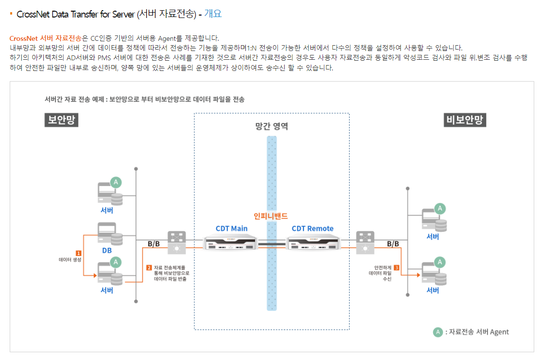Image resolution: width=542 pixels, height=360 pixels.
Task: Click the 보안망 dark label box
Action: [x=62, y=120]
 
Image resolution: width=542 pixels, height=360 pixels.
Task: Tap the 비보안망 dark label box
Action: [x=465, y=120]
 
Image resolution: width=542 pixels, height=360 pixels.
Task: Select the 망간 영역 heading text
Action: [x=271, y=126]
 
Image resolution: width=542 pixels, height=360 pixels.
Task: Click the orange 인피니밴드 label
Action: [x=271, y=216]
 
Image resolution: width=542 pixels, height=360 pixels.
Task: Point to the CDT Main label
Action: [x=232, y=228]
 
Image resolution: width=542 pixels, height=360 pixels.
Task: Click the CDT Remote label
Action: [x=313, y=228]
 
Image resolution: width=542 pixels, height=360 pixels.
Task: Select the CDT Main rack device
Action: [x=230, y=243]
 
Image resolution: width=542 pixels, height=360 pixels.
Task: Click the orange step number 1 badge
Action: [x=78, y=253]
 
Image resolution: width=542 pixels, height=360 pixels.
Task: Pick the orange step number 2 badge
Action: [x=149, y=267]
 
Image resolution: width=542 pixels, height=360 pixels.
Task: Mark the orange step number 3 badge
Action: [x=397, y=267]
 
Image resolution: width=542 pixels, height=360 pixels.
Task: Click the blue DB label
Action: [x=107, y=251]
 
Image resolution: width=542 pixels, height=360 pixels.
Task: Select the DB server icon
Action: [x=109, y=234]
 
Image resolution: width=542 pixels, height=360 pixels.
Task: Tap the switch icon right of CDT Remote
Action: [x=365, y=242]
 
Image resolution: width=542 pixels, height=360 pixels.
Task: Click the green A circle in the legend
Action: [x=438, y=332]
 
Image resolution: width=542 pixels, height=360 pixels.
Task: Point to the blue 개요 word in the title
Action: [x=213, y=14]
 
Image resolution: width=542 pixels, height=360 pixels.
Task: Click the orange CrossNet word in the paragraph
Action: [x=24, y=38]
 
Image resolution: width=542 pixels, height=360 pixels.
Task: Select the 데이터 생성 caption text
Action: [x=69, y=260]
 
